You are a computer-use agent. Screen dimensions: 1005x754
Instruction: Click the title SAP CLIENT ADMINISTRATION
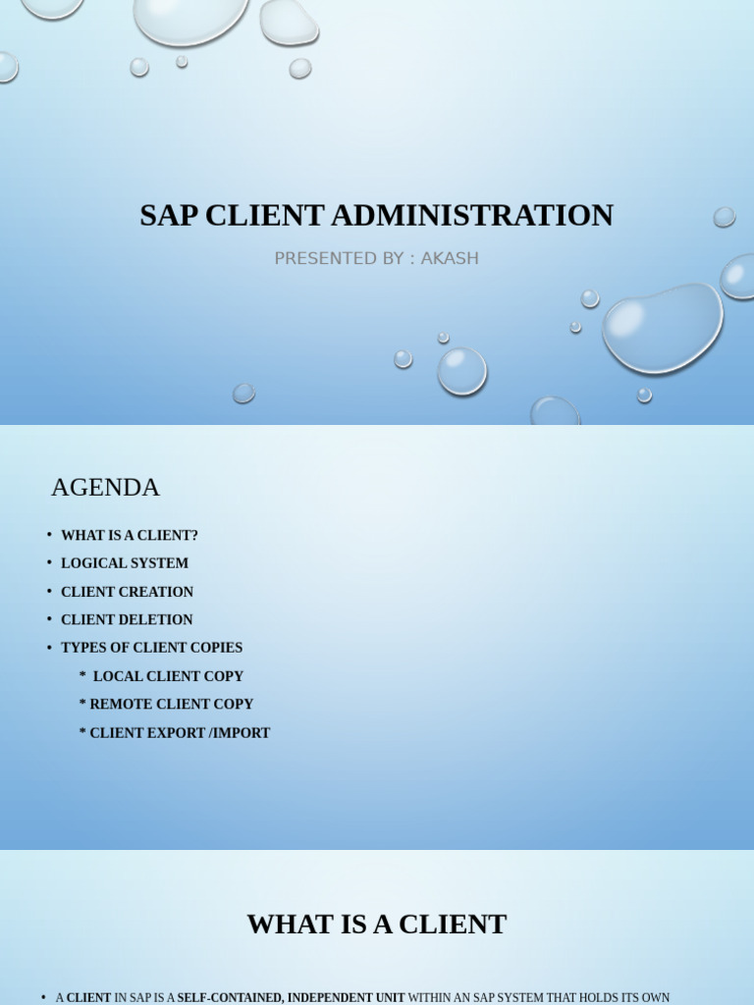pyautogui.click(x=376, y=215)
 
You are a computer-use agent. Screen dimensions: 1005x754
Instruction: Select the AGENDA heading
pyautogui.click(x=105, y=487)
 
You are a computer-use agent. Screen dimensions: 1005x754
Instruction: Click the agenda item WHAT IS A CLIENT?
pyautogui.click(x=130, y=536)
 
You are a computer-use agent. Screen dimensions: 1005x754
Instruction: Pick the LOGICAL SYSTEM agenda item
pyautogui.click(x=125, y=563)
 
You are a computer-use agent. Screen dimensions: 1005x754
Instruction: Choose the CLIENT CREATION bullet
pyautogui.click(x=128, y=592)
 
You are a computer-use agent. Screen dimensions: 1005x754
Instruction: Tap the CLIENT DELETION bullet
pyautogui.click(x=127, y=619)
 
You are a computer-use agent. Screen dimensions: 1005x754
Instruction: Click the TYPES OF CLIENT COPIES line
pyautogui.click(x=151, y=648)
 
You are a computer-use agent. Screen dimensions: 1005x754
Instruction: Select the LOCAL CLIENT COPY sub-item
pyautogui.click(x=168, y=676)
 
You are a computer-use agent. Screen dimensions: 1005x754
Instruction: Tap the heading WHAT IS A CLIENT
pyautogui.click(x=376, y=924)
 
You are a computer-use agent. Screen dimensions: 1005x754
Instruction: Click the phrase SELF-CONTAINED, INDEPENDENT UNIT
pyautogui.click(x=291, y=997)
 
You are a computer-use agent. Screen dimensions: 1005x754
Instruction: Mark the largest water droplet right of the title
pyautogui.click(x=663, y=328)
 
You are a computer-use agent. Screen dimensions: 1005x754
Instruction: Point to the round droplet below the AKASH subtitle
pyautogui.click(x=461, y=371)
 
